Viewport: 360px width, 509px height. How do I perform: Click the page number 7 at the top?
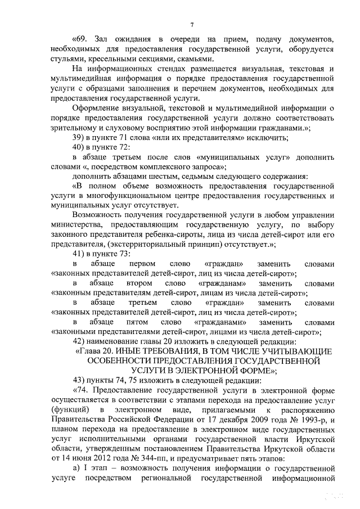(192, 24)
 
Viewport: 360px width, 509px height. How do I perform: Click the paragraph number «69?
(82, 39)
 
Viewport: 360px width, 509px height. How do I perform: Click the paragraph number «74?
(82, 390)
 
